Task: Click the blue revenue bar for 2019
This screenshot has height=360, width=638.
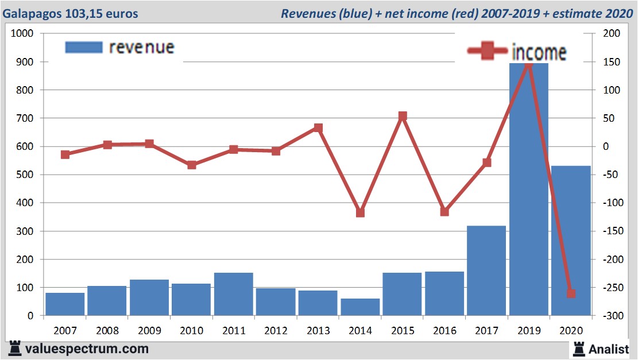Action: [x=528, y=189]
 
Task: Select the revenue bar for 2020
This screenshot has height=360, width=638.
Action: [x=571, y=241]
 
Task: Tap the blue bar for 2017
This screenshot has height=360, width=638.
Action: [x=486, y=270]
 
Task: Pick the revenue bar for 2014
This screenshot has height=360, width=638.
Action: [x=360, y=307]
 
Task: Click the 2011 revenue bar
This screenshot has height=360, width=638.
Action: [x=233, y=294]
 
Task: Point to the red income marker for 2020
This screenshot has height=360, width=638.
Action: [x=571, y=293]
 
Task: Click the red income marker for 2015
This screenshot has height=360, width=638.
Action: [x=403, y=116]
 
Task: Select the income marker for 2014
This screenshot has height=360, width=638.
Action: [x=360, y=212]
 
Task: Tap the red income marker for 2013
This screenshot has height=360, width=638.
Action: [x=318, y=128]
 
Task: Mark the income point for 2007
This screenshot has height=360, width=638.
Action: [x=65, y=154]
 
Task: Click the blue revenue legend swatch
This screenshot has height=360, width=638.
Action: [x=84, y=47]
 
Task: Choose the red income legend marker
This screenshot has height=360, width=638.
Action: [x=488, y=52]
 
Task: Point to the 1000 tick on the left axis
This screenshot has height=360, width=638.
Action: [x=22, y=34]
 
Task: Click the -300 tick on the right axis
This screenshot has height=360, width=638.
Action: [x=610, y=316]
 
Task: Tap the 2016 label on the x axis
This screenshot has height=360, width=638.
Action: [x=444, y=331]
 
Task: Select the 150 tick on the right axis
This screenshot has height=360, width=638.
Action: [x=610, y=62]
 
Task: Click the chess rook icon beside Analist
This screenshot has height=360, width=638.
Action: [x=579, y=348]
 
